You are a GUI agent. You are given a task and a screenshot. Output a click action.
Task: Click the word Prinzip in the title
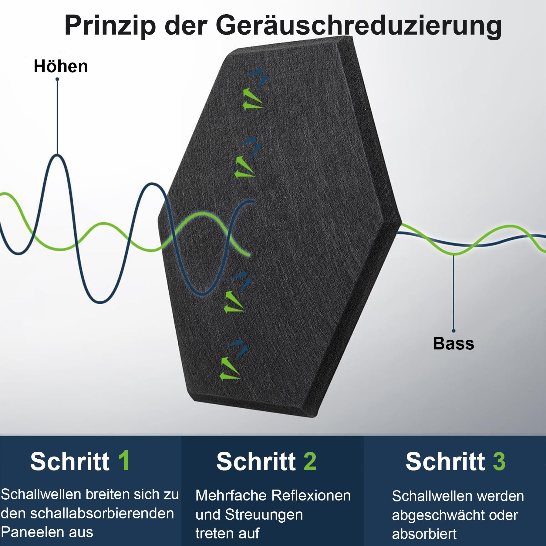pyautogui.click(x=110, y=25)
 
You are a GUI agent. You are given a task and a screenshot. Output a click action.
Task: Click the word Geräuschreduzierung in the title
pyautogui.click(x=359, y=26)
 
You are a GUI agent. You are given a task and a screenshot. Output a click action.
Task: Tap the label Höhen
pyautogui.click(x=61, y=66)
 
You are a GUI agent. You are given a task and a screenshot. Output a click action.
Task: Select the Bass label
pyautogui.click(x=453, y=344)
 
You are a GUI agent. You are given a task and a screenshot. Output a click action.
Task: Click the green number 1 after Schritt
pyautogui.click(x=124, y=461)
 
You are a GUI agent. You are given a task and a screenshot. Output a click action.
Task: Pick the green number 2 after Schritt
pyautogui.click(x=310, y=461)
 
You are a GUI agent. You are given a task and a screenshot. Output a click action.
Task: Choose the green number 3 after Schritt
pyautogui.click(x=499, y=461)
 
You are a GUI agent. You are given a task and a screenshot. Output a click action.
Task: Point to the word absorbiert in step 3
pyautogui.click(x=424, y=534)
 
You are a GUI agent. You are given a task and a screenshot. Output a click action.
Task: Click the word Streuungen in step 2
pyautogui.click(x=264, y=515)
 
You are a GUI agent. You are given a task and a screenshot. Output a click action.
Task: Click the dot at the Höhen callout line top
pyautogui.click(x=57, y=79)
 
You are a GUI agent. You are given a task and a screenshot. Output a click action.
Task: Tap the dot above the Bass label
pyautogui.click(x=453, y=331)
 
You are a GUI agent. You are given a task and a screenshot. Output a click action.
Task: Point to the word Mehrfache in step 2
pyautogui.click(x=231, y=496)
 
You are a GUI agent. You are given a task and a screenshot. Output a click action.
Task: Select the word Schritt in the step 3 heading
pyautogui.click(x=445, y=461)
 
